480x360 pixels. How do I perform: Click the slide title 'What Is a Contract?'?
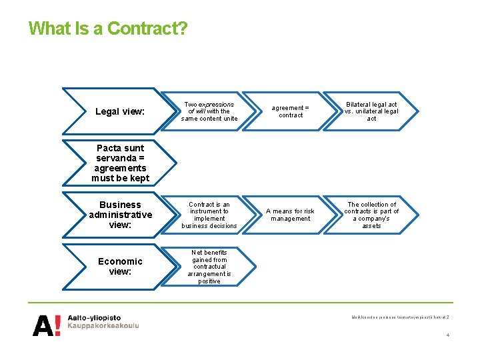tap(108, 29)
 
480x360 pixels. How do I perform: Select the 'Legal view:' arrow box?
tap(120, 111)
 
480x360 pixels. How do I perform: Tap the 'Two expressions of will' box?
tap(209, 111)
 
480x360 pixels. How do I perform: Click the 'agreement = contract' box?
tap(291, 111)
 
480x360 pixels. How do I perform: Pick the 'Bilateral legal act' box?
tap(371, 111)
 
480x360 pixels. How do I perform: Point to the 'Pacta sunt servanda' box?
tap(120, 163)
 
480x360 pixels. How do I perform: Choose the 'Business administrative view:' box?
tap(120, 215)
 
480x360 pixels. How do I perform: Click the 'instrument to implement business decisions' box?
tap(209, 215)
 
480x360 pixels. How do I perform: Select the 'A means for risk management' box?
tap(291, 215)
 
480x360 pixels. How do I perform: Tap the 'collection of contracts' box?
tap(371, 215)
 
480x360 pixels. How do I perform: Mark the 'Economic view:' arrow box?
tap(120, 267)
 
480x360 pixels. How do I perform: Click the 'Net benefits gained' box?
tap(209, 267)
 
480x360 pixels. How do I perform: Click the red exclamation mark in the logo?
tap(58, 325)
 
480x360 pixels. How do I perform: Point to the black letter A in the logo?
tap(42, 325)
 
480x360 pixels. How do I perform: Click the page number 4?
tap(447, 335)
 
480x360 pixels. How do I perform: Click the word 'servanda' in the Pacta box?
tap(120, 158)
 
